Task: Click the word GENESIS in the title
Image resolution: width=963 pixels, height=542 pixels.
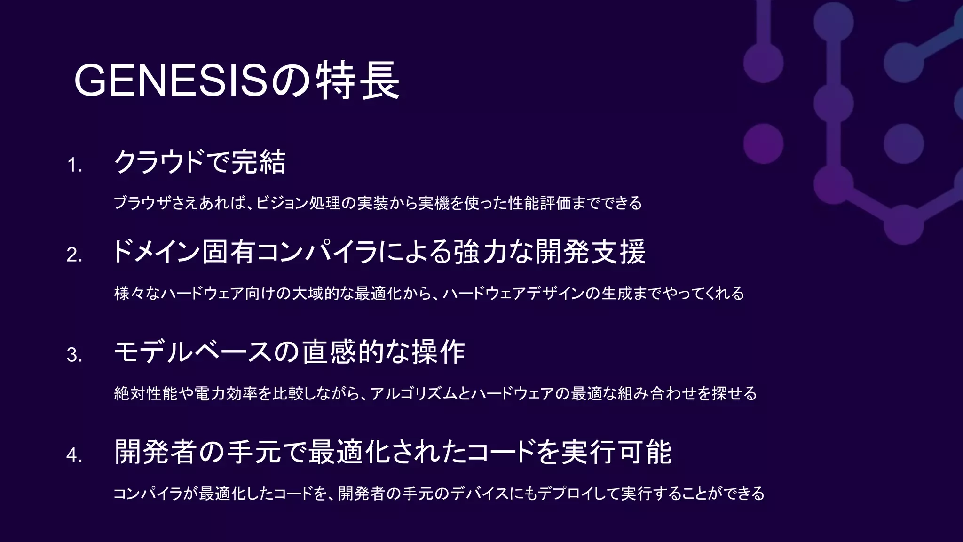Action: [x=171, y=81]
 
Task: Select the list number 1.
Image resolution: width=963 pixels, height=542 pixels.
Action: [x=74, y=166]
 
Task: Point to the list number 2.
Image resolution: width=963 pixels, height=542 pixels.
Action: [x=74, y=255]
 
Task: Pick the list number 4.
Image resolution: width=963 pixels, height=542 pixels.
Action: [x=74, y=455]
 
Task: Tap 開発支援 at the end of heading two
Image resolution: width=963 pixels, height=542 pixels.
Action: [x=591, y=252]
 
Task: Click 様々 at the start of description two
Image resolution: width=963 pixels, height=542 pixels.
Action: [x=129, y=294]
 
